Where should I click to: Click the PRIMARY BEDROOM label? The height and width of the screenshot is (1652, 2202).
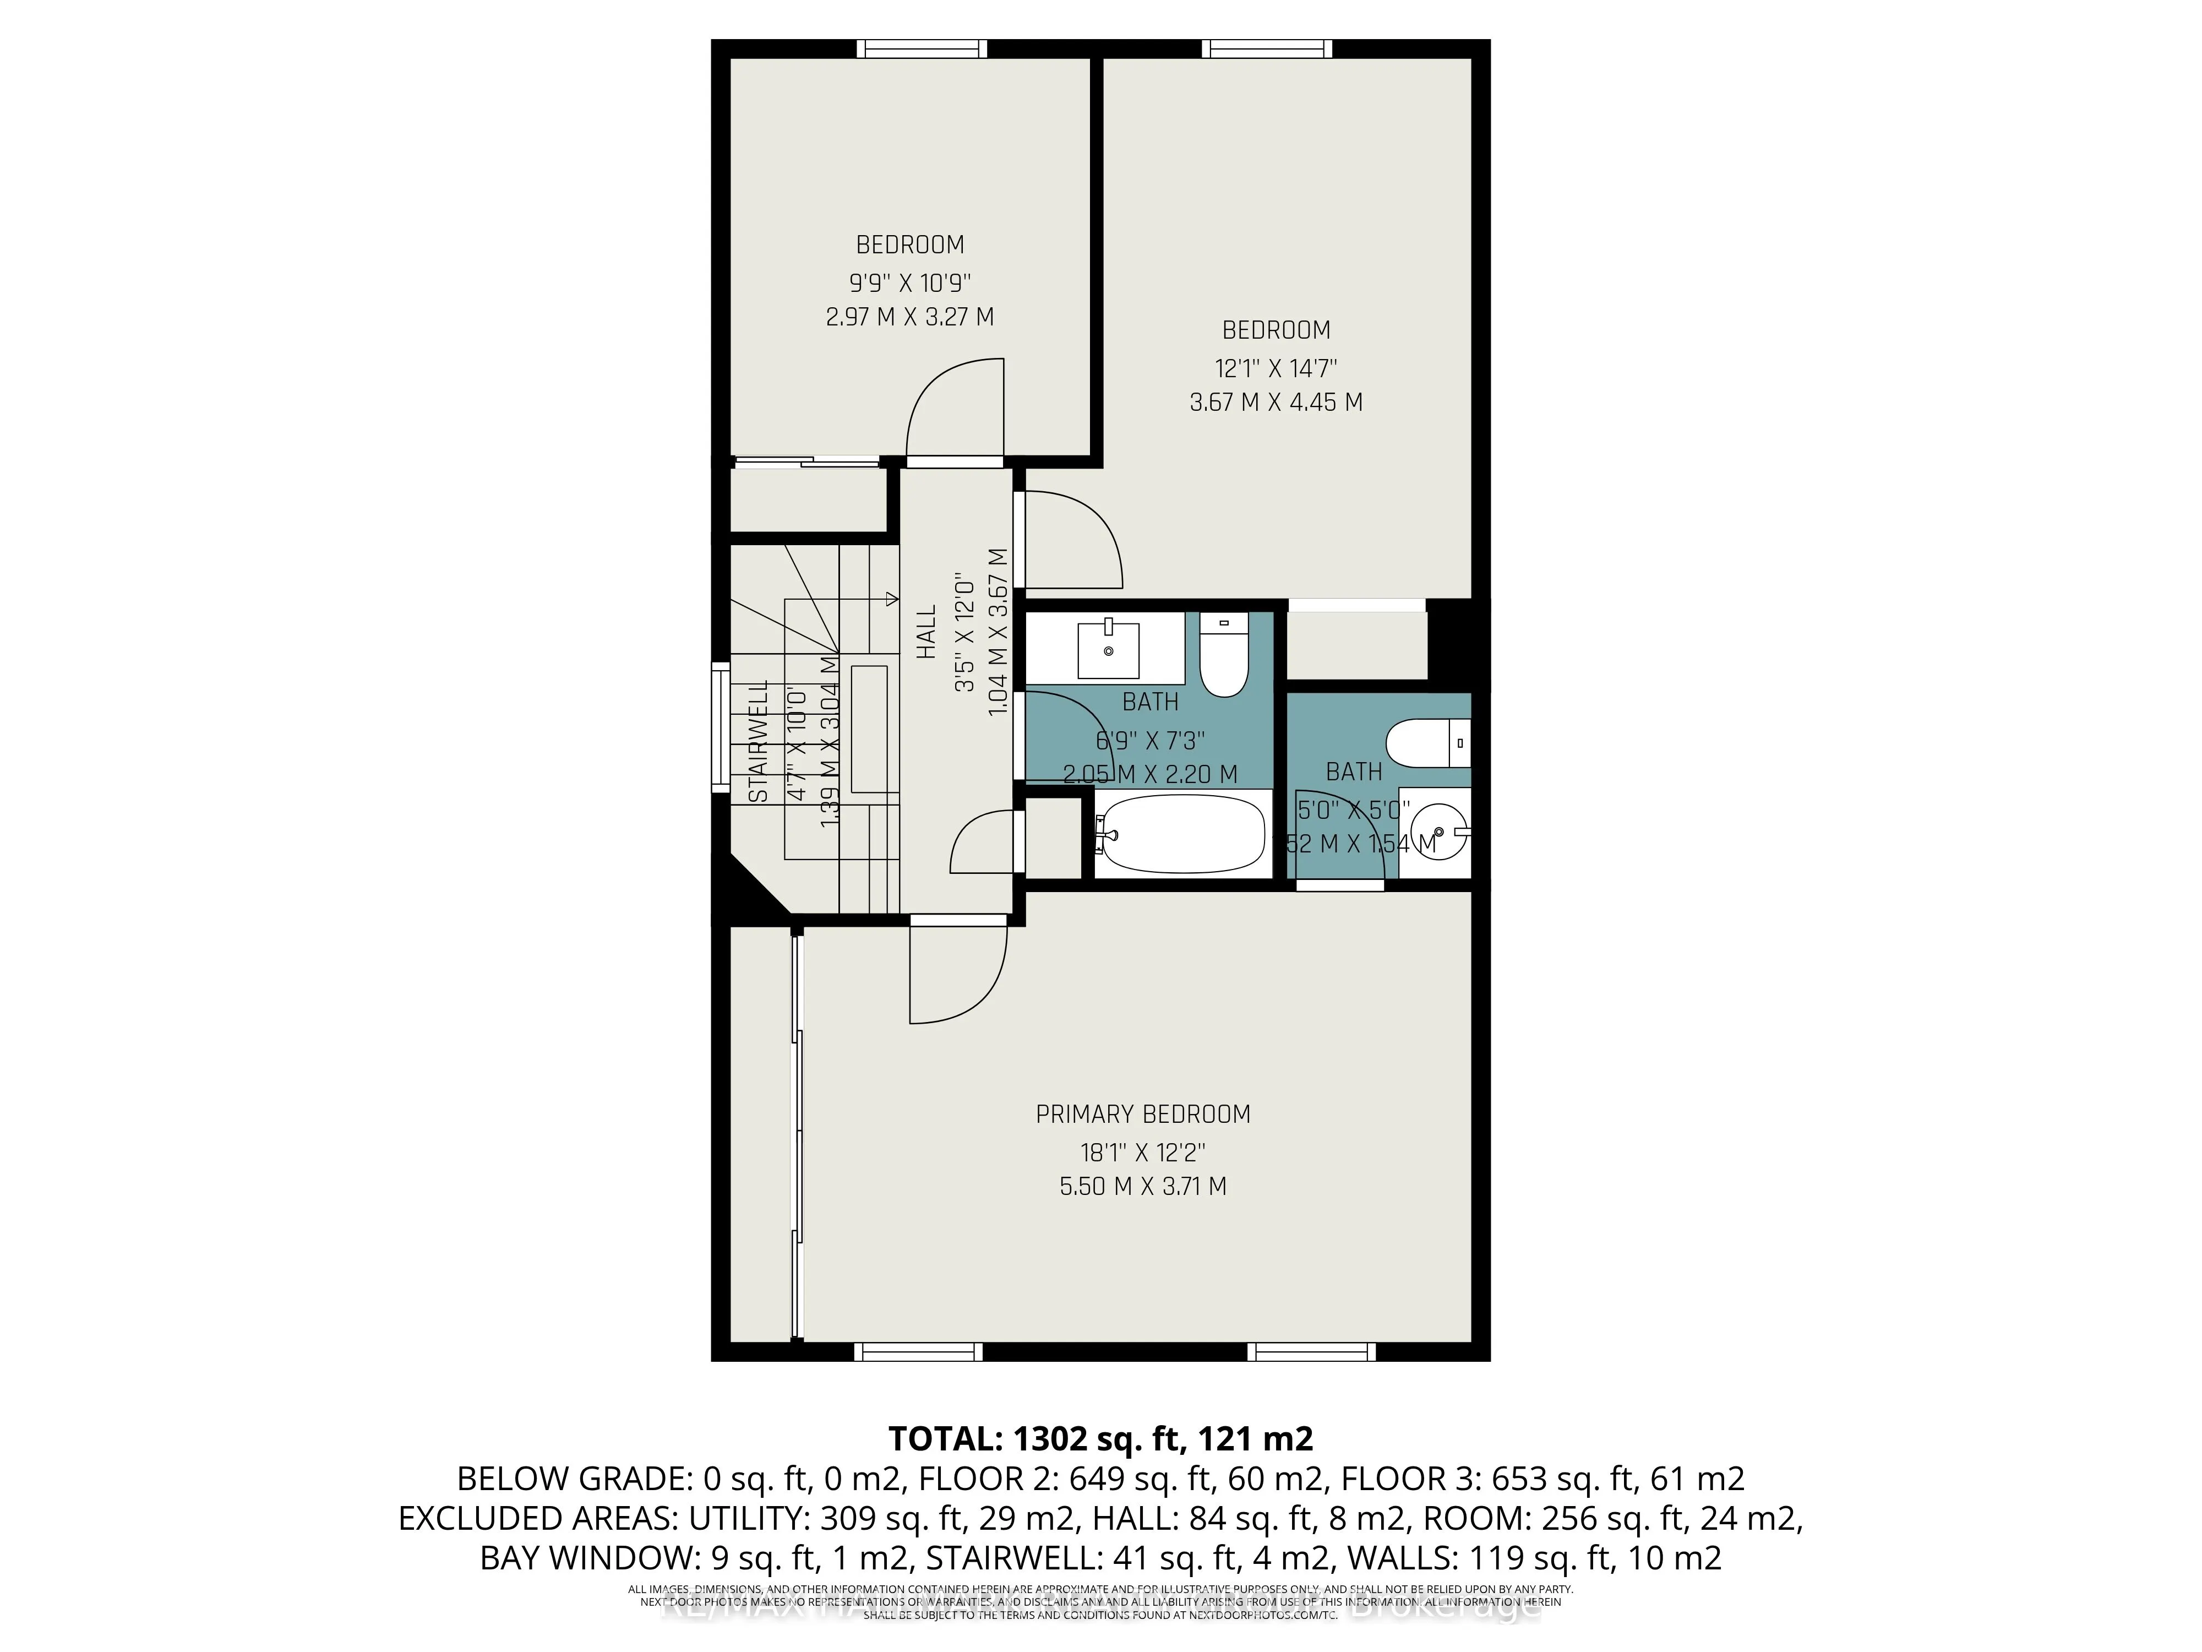click(x=1143, y=1115)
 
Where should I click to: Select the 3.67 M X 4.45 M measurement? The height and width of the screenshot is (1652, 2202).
click(x=1276, y=403)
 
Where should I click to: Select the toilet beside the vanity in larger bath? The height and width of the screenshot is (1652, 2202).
click(x=1223, y=655)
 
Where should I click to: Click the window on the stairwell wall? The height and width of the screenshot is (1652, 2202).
click(x=720, y=727)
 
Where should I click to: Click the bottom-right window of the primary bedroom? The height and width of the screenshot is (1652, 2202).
click(x=1311, y=1351)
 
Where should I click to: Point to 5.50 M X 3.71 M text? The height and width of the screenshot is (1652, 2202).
click(x=1143, y=1186)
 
